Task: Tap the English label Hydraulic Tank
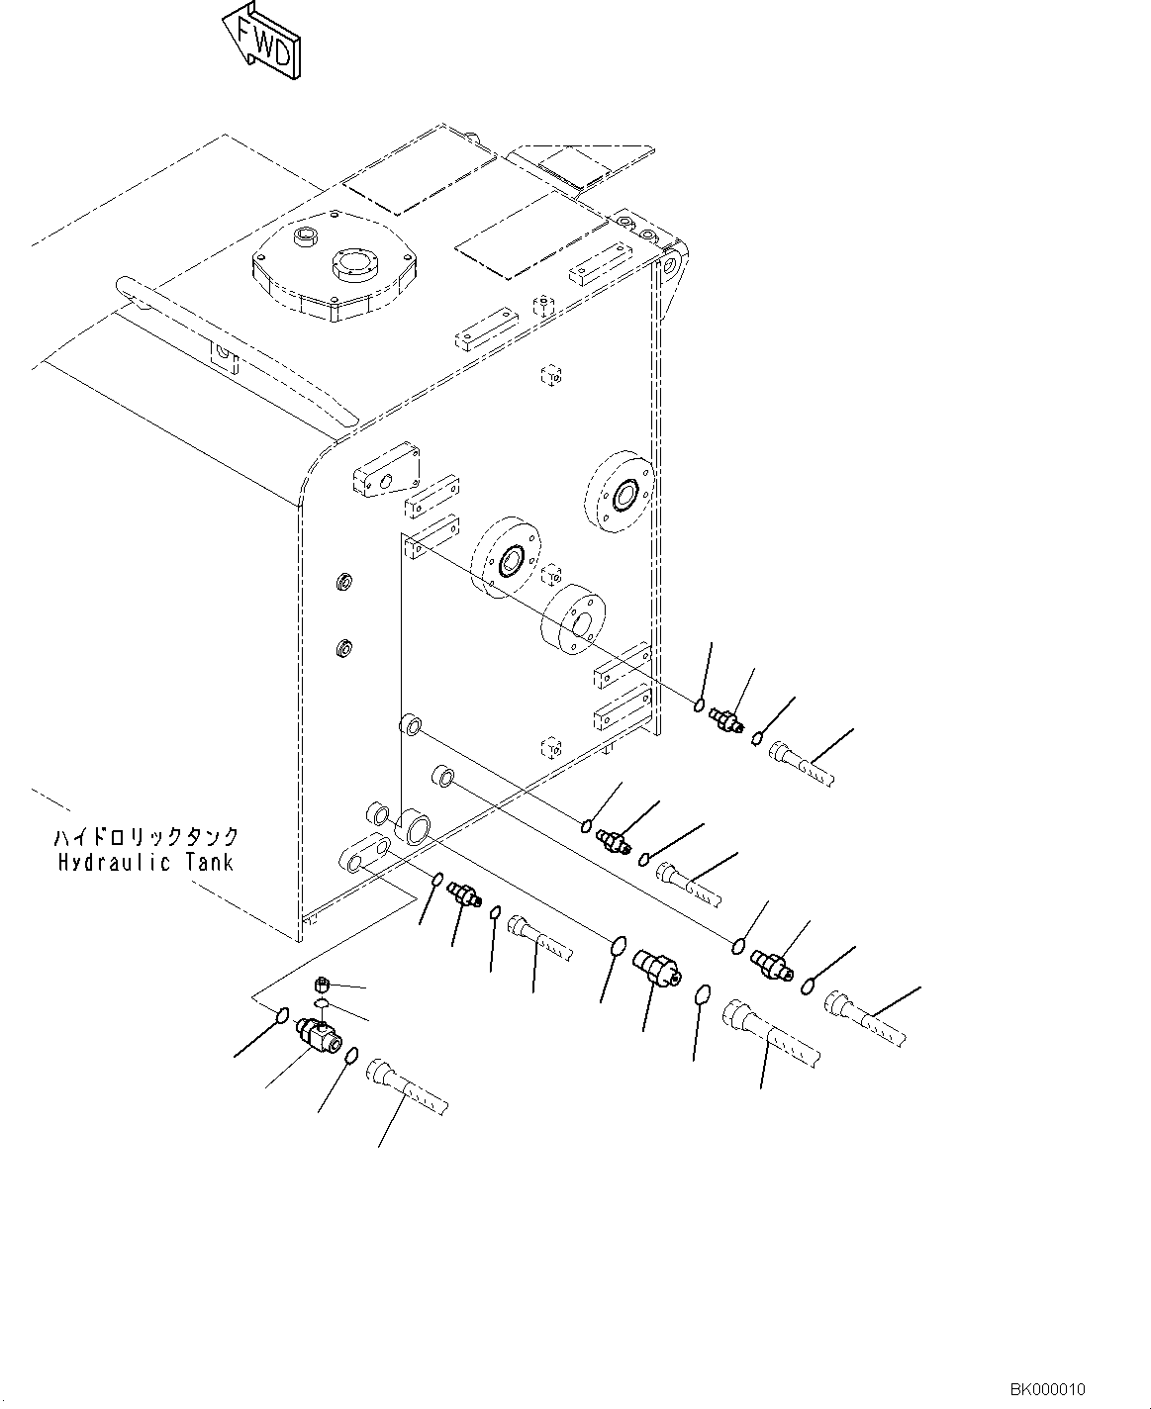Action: (x=144, y=862)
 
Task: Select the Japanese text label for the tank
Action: (x=145, y=838)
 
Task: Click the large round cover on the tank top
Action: (x=335, y=272)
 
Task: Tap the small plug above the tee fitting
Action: (x=321, y=985)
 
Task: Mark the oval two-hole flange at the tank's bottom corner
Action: (x=363, y=852)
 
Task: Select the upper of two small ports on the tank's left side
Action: (x=344, y=581)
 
